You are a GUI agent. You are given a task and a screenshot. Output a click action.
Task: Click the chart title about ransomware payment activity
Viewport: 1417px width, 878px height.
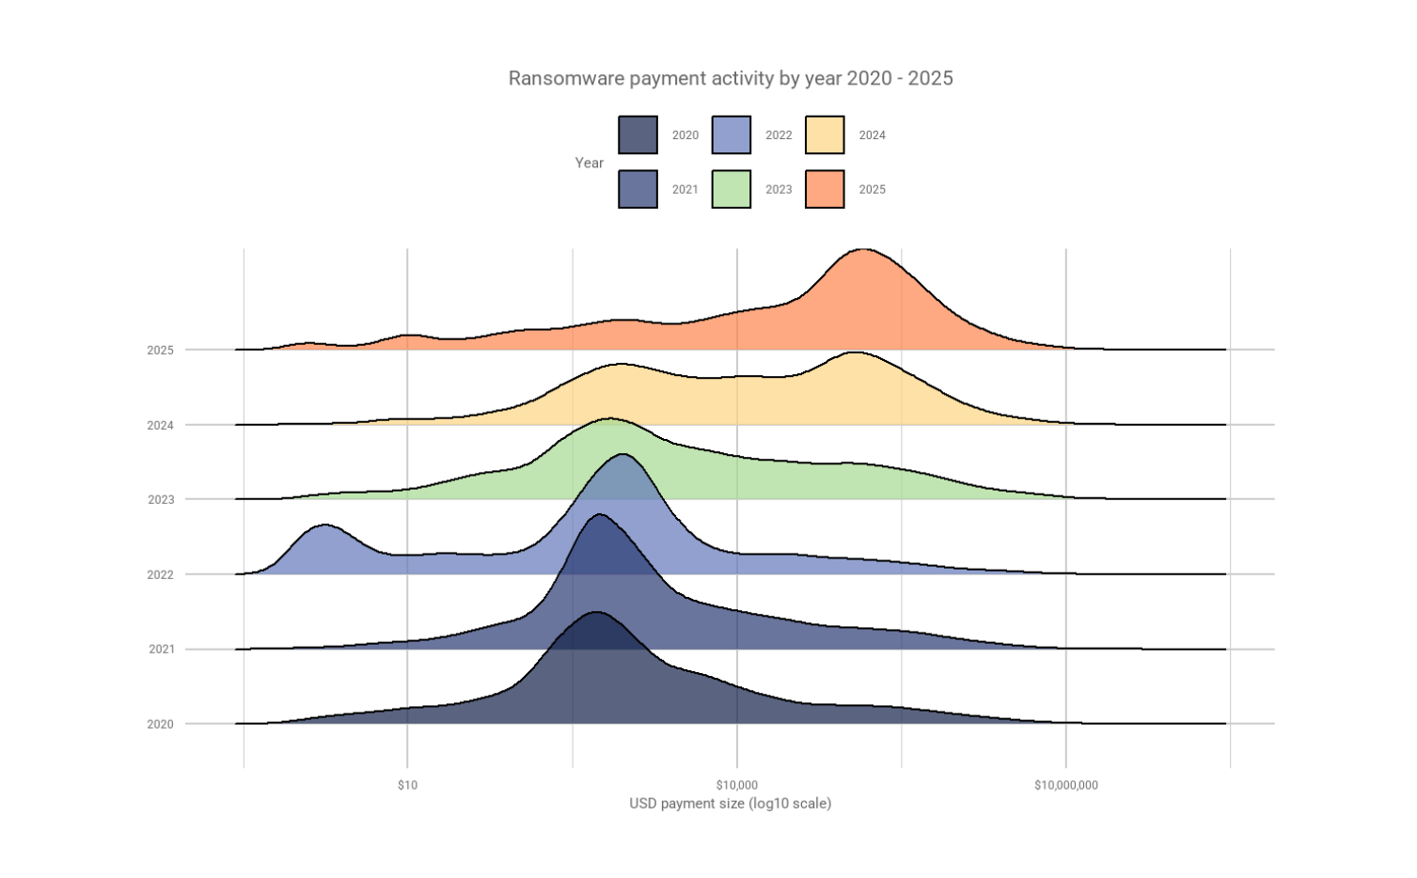730,78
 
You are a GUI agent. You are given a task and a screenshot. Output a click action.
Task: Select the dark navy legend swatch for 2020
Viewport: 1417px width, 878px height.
638,134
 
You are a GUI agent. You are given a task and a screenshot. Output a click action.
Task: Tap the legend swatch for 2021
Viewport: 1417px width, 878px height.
638,189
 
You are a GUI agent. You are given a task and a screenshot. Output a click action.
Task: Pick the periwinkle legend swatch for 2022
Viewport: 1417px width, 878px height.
731,134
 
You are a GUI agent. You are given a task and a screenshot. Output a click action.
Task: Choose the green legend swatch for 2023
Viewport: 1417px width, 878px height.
731,189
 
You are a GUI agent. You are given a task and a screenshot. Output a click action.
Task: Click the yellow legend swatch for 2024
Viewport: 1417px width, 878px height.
825,134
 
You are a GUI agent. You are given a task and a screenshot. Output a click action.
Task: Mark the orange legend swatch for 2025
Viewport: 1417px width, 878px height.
825,189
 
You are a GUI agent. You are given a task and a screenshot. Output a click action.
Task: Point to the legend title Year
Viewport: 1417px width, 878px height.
589,163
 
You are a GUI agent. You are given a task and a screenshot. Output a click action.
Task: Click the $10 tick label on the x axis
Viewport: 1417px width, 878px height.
407,785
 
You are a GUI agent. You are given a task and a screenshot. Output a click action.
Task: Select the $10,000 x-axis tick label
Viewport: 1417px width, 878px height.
736,785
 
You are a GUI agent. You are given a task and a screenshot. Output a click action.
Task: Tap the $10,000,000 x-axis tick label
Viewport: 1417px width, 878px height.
1065,785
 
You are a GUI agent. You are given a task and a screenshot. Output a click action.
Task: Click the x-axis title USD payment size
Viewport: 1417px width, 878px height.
730,804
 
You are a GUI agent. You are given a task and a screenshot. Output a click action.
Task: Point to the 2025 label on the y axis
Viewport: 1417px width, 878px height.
160,351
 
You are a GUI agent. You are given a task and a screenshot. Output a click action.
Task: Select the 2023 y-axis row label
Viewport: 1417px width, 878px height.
160,500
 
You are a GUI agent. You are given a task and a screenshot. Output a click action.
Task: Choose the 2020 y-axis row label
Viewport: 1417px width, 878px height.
160,725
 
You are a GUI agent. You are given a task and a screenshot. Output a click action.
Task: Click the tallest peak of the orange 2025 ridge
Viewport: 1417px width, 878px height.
863,253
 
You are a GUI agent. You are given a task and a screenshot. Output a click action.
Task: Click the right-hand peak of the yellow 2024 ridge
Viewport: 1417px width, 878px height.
854,356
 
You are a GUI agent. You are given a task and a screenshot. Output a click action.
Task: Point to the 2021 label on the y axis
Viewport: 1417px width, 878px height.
161,650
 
